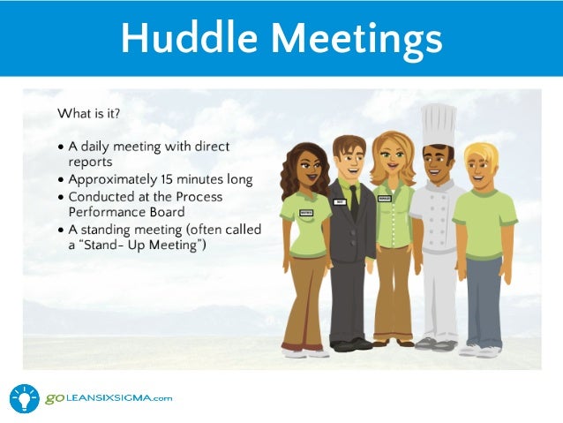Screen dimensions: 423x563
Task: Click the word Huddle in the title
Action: click(x=189, y=38)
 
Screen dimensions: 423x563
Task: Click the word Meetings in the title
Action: click(x=350, y=38)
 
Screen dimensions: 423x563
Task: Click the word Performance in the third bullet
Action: click(x=112, y=212)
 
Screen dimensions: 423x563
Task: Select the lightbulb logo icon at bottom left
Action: click(x=24, y=398)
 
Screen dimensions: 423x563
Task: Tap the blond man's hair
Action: click(x=481, y=155)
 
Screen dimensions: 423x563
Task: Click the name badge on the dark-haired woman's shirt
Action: click(x=306, y=212)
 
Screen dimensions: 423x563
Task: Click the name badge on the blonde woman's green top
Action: click(x=384, y=199)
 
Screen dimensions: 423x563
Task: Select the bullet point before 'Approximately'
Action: click(x=60, y=179)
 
